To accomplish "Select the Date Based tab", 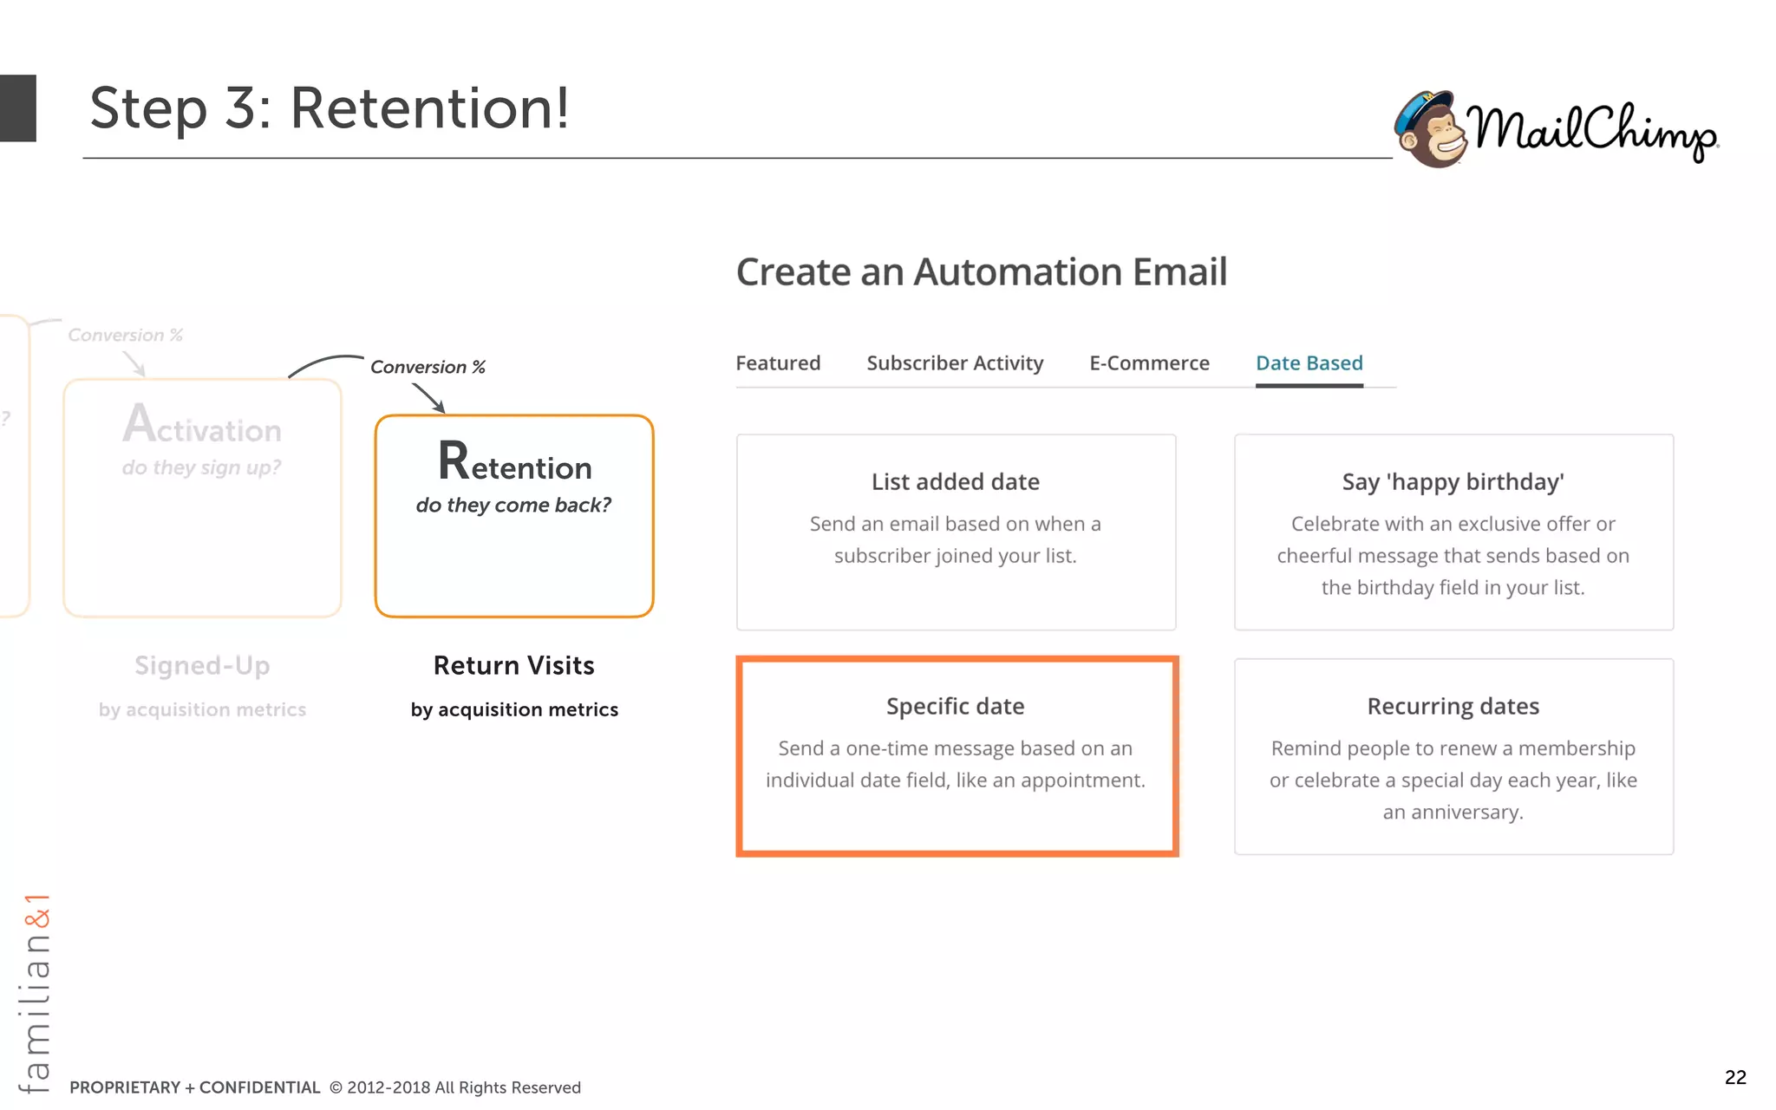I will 1309,363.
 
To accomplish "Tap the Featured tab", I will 778,363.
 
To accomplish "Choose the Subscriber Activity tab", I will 955,363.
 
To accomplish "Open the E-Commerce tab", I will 1149,363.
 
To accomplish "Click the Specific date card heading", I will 955,706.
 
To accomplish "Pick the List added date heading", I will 955,482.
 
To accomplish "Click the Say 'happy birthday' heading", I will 1453,482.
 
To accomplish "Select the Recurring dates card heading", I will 1453,706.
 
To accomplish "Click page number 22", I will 1735,1077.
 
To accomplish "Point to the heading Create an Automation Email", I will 981,272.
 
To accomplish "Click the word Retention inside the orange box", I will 514,464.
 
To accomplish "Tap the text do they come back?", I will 513,506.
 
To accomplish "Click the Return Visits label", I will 513,665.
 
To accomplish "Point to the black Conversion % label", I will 428,367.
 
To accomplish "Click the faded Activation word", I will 202,427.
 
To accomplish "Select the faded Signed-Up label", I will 202,665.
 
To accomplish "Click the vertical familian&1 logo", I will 36,993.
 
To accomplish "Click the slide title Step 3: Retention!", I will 330,108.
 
